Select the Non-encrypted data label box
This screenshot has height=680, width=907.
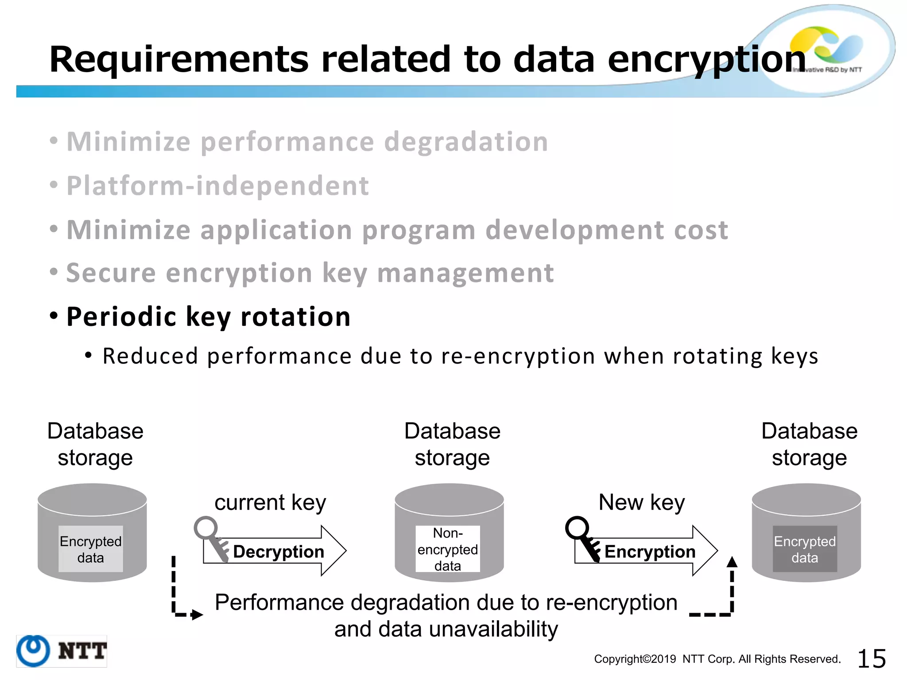(448, 549)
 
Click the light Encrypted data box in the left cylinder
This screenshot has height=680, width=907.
(91, 549)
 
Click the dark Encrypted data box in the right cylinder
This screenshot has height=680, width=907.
(805, 549)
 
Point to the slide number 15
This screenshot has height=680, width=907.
(872, 659)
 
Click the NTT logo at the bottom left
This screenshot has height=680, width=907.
(62, 651)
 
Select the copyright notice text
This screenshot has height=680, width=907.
(717, 659)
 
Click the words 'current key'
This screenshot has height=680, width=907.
(270, 502)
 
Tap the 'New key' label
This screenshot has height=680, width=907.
(642, 502)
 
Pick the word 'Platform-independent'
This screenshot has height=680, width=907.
(217, 185)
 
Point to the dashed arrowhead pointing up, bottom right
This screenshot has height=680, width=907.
(732, 562)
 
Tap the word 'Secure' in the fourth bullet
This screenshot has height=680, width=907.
(111, 273)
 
